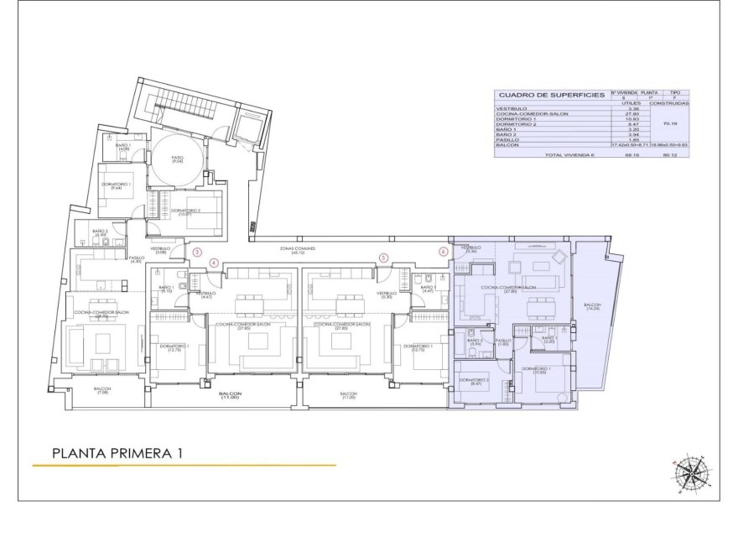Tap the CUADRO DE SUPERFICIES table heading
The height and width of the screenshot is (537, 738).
tap(550, 96)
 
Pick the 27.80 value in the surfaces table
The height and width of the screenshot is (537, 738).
tap(621, 114)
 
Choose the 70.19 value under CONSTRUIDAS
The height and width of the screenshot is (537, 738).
tap(670, 123)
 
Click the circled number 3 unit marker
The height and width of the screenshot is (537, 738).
tap(198, 251)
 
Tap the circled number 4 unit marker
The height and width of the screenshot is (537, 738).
tap(214, 263)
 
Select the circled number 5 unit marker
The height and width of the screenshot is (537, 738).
tap(384, 258)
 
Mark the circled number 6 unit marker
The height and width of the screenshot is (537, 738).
tap(444, 250)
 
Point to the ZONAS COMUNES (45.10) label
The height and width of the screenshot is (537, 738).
tap(299, 251)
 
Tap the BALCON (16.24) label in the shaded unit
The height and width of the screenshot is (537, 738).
tap(593, 307)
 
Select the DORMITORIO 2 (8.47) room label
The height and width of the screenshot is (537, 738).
tap(474, 383)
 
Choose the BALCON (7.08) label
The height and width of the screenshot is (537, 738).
tap(102, 391)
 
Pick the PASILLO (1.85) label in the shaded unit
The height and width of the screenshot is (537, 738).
tap(503, 342)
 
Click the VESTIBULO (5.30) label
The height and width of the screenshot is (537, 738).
tap(387, 295)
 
